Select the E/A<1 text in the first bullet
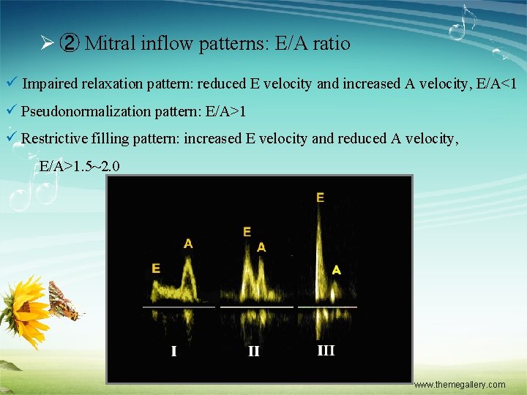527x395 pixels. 496,84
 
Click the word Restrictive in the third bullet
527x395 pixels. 58,138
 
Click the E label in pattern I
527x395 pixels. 156,268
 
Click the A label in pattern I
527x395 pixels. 188,244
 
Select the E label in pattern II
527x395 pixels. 247,232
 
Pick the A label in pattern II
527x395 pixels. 261,247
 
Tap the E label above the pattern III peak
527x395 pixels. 320,197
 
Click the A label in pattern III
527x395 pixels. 336,270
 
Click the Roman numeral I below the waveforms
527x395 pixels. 173,351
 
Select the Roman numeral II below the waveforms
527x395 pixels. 253,351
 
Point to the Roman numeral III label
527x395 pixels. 326,350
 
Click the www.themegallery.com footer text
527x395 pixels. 459,385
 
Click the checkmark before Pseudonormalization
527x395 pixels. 10,111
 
